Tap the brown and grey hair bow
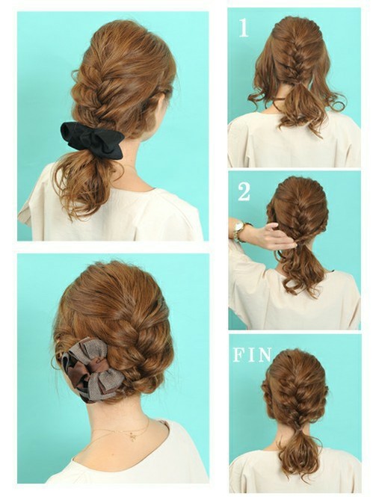(x=92, y=370)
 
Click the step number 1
(x=243, y=28)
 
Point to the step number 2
(x=244, y=191)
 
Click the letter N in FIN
(x=264, y=355)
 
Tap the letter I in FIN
(x=250, y=355)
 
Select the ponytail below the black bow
(x=84, y=181)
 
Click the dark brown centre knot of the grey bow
(x=93, y=368)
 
